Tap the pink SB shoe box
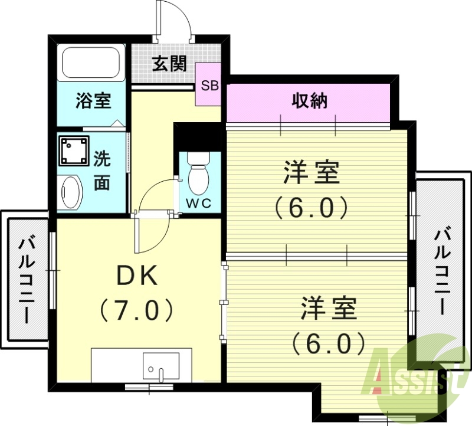209,85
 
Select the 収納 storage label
309,101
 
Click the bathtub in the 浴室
91,63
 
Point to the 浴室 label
93,101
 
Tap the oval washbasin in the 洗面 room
72,192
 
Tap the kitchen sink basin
160,366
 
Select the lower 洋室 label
329,309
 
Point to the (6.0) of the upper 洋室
311,207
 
